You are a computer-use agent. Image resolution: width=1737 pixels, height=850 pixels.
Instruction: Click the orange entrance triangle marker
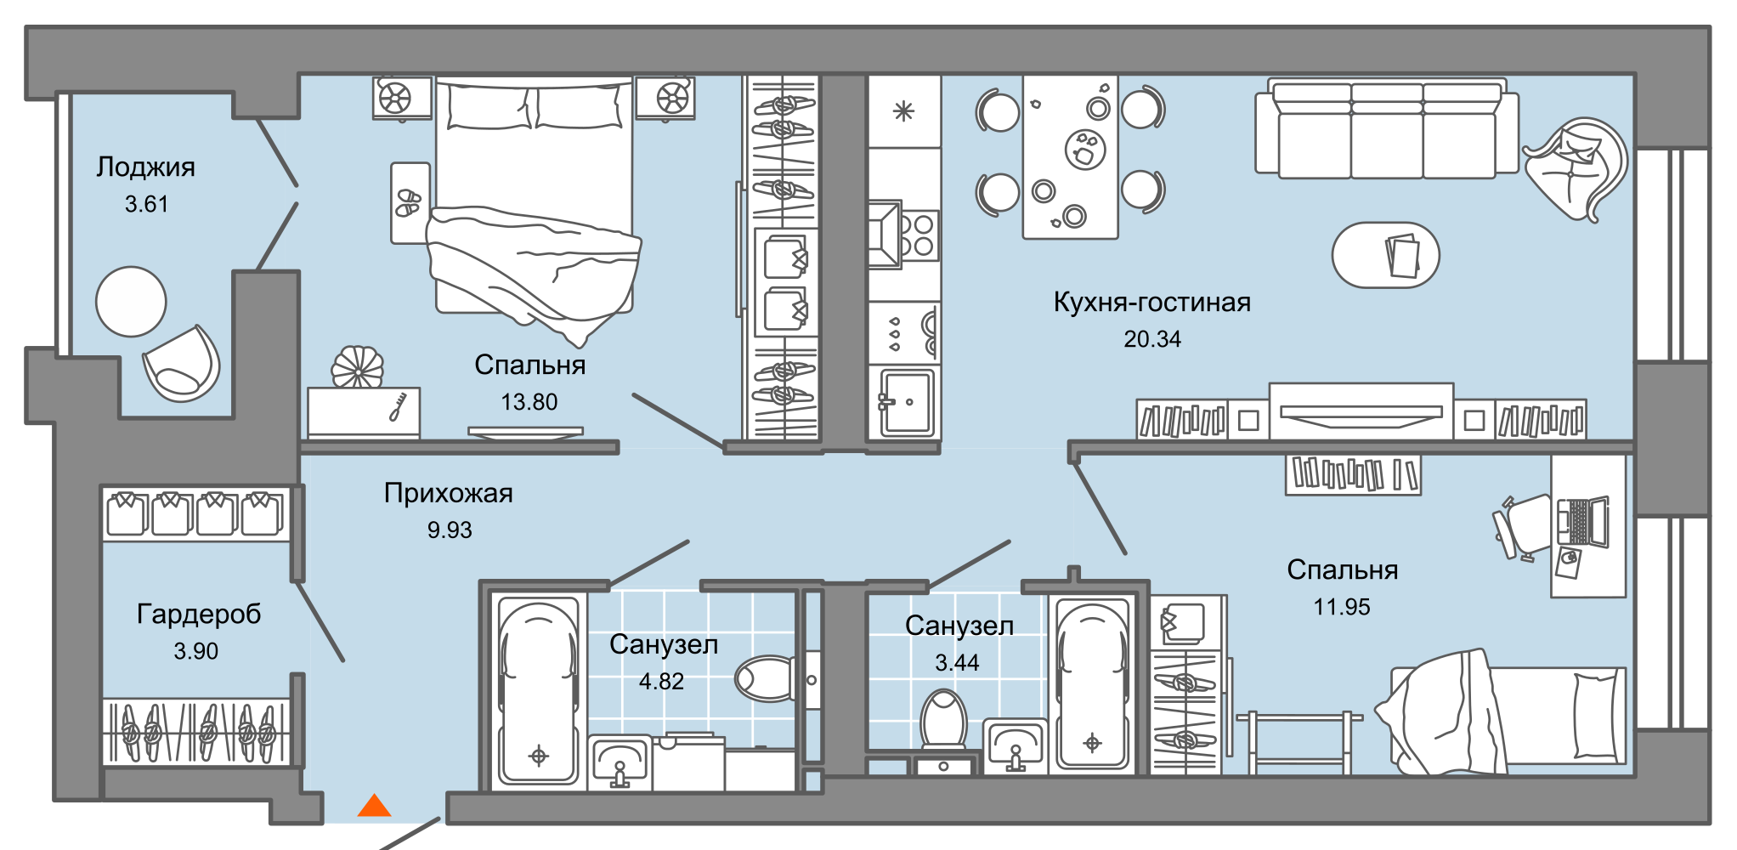374,806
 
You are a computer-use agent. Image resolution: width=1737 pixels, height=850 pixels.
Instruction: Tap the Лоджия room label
145,167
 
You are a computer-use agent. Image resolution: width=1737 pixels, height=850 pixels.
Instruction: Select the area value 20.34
1152,339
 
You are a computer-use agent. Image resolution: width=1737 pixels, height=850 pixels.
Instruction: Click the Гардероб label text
199,614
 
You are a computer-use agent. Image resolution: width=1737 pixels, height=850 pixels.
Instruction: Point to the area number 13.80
529,402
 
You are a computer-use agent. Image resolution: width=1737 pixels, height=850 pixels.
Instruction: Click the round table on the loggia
131,302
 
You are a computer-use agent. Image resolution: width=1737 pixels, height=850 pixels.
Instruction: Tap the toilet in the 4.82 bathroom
765,678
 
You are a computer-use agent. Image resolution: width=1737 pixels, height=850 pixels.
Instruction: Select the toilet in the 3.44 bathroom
943,718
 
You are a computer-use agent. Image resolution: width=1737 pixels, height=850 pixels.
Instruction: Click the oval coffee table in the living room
1385,255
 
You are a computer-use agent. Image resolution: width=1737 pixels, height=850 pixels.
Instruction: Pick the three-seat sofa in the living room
1387,132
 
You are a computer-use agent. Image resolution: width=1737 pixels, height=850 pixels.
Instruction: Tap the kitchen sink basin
908,402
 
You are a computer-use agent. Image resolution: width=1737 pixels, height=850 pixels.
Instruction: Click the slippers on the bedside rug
409,202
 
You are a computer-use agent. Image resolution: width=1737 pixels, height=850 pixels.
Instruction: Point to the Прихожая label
448,493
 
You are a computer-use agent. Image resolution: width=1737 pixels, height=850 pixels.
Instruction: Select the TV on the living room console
1361,412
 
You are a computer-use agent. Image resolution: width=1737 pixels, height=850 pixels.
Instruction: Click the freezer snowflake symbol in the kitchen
903,111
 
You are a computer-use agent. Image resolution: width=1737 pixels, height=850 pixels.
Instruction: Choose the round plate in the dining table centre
1085,150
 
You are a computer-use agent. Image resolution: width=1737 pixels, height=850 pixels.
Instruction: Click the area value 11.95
1342,607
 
